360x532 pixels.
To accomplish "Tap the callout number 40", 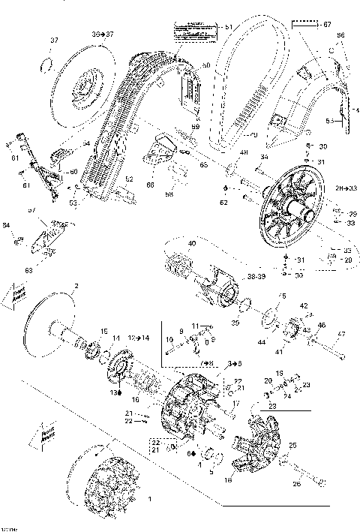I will point(191,243).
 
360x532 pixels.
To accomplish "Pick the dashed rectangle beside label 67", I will point(304,25).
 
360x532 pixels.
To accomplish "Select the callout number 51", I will point(228,27).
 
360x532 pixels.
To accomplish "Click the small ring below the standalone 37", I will point(46,62).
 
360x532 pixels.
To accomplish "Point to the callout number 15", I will point(104,331).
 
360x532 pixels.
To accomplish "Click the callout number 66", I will point(150,185).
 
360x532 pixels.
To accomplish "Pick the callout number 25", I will point(292,445).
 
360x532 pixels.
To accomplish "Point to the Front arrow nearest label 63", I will point(19,292).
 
